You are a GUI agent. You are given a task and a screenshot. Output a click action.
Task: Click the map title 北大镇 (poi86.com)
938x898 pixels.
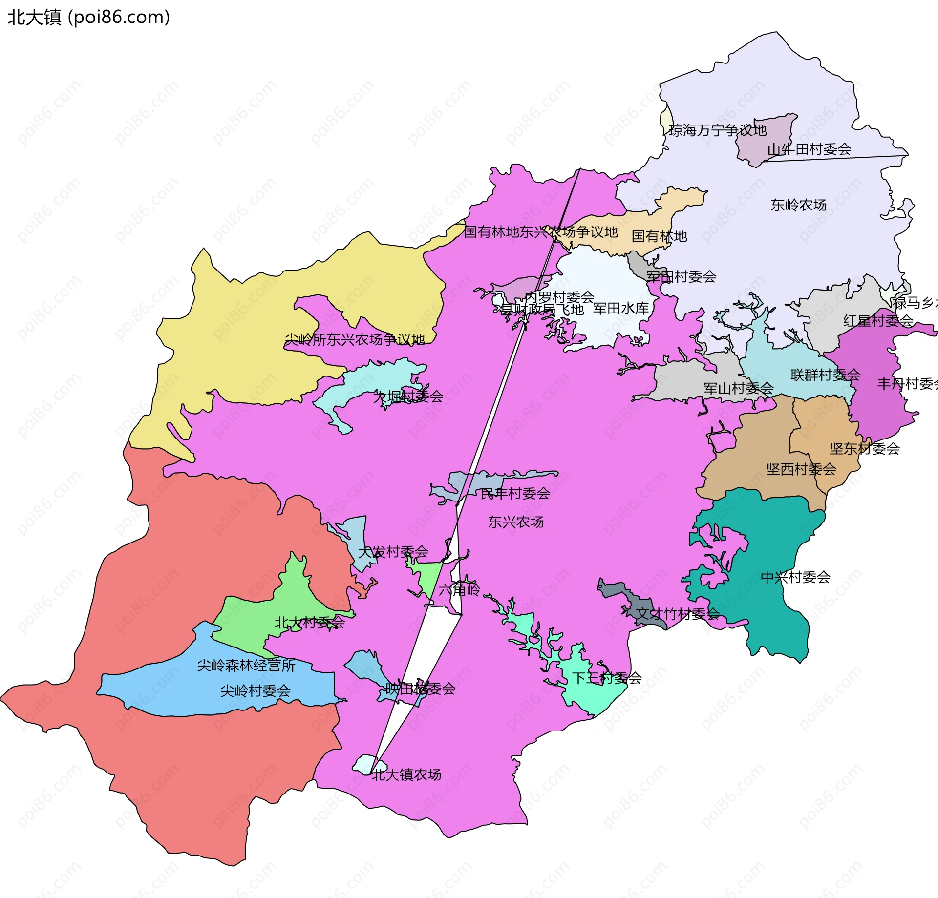coord(88,17)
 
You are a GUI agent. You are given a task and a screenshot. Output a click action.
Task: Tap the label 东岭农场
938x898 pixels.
coord(798,205)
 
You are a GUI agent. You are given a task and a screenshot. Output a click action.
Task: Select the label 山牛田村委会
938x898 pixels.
coord(809,149)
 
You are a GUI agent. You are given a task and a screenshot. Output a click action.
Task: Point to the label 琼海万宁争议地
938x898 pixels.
coord(717,130)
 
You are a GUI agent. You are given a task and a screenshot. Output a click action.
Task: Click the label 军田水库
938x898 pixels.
coord(620,309)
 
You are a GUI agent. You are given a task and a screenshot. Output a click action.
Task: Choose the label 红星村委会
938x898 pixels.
coord(878,321)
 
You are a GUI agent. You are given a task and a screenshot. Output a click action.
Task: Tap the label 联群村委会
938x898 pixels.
coord(825,375)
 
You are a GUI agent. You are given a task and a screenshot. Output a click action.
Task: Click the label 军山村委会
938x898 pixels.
coord(738,389)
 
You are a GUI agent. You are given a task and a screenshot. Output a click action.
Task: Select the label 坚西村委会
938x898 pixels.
coord(801,469)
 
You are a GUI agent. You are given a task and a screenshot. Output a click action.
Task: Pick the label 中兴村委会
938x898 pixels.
coord(795,577)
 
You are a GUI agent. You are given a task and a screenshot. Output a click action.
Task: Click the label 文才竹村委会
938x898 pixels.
coord(678,614)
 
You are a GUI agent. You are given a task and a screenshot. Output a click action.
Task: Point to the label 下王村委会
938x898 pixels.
coord(607,678)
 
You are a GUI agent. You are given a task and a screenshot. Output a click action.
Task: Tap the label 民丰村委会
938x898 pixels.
coord(515,494)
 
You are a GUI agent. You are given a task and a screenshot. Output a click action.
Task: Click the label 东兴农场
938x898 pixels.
coord(515,522)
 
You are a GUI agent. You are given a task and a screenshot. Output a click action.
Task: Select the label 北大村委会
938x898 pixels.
coord(309,623)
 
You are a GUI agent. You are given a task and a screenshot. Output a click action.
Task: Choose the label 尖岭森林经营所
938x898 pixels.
coord(246,665)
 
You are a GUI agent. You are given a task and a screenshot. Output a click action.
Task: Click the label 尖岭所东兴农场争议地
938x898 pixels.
coord(355,339)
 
